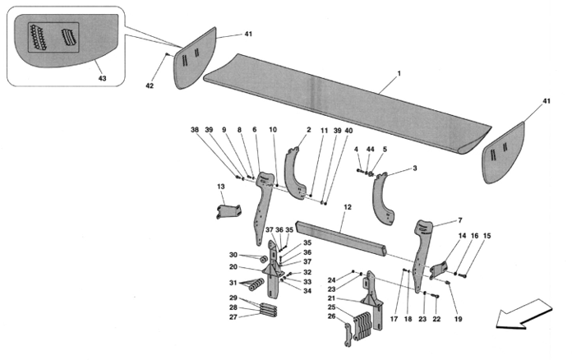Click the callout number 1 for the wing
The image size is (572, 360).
399,73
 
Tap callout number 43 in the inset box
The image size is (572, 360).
103,78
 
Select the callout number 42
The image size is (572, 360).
150,85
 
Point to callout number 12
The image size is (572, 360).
348,207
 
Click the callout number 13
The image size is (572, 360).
221,187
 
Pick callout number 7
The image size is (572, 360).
460,220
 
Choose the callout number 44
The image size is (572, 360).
371,150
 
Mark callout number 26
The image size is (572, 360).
331,316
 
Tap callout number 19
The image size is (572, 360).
459,319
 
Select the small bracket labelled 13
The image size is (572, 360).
228,211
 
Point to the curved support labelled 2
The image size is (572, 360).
296,173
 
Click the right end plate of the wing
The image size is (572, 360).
505,152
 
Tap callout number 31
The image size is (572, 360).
233,283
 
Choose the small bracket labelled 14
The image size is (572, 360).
439,270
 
